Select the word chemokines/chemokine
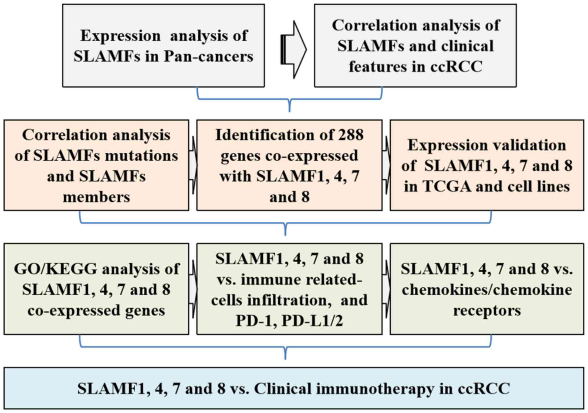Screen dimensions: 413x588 point(487,290)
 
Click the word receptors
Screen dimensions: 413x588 point(487,310)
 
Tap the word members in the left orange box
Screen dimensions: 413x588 point(96,197)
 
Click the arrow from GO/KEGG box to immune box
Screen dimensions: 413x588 point(193,289)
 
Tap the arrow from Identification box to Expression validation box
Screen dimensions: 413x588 point(386,165)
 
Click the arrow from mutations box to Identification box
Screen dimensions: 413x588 point(193,165)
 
